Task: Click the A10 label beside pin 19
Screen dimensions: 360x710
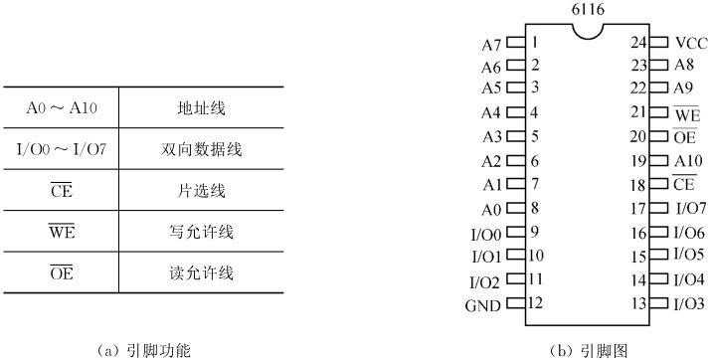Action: pyautogui.click(x=687, y=161)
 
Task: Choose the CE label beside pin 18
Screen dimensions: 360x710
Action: pyautogui.click(x=684, y=185)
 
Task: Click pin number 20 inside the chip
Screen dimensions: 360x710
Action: pyautogui.click(x=639, y=137)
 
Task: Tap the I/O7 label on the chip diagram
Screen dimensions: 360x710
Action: pyautogui.click(x=690, y=209)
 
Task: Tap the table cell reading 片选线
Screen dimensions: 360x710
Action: pyautogui.click(x=196, y=192)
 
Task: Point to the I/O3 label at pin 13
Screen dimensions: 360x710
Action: pyautogui.click(x=690, y=303)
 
